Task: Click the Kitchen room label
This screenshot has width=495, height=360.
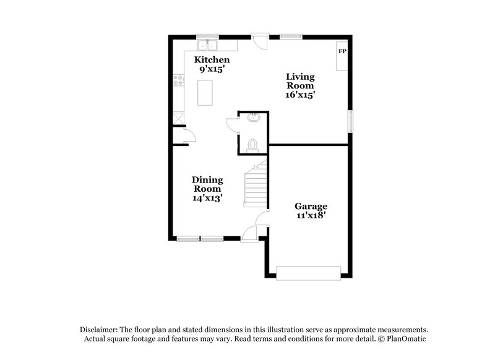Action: click(212, 60)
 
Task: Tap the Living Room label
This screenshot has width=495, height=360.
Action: click(300, 81)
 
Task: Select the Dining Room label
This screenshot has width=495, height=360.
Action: click(208, 184)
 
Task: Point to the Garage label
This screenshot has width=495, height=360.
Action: click(311, 206)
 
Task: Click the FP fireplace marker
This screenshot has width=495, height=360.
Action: click(341, 51)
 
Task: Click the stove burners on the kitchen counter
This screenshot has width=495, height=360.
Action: click(178, 80)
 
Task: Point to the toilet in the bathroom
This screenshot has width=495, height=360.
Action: click(252, 145)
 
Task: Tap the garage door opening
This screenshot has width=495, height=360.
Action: click(308, 273)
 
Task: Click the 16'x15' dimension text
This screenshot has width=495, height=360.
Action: click(301, 95)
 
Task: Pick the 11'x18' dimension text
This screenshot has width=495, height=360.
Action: click(311, 216)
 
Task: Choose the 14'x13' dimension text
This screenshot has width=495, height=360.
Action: click(208, 199)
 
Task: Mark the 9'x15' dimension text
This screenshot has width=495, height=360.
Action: click(211, 70)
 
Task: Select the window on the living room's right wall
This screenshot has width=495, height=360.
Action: click(350, 121)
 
